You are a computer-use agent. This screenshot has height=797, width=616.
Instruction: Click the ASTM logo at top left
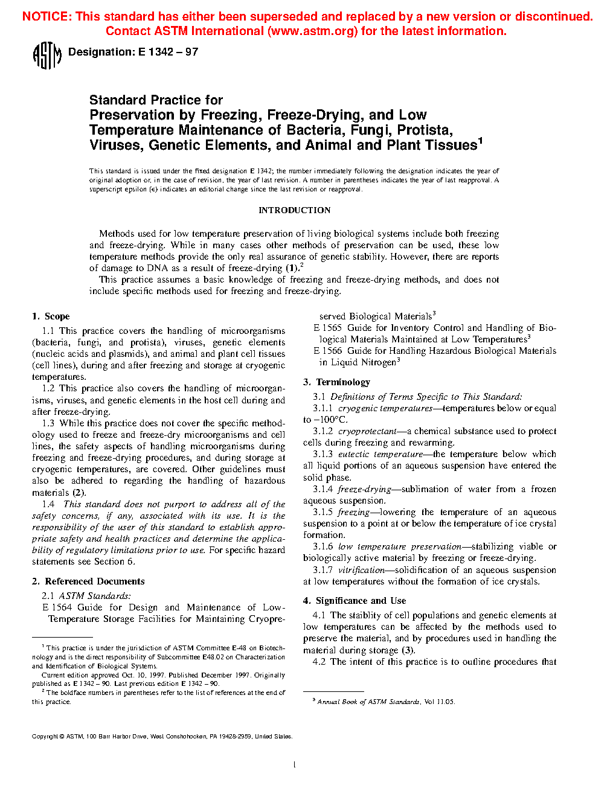point(47,56)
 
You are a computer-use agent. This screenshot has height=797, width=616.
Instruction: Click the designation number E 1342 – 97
point(168,52)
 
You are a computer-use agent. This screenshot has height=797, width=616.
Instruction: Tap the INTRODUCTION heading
point(294,210)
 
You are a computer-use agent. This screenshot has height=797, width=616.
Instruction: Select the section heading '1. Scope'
point(51,316)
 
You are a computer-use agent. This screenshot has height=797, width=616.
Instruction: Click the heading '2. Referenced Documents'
point(88,581)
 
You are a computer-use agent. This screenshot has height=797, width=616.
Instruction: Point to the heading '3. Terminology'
point(336,382)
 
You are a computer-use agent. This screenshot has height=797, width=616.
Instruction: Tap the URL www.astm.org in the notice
point(312,31)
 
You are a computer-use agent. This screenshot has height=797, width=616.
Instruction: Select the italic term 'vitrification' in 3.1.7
point(361,570)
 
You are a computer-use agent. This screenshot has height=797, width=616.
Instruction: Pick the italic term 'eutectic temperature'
point(380,454)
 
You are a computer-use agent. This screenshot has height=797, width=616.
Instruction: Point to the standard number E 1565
point(327,328)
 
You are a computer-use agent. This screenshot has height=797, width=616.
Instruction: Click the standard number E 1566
point(327,351)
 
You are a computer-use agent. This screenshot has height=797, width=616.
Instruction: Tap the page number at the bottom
point(294,765)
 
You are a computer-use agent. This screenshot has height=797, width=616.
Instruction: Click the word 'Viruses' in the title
point(117,146)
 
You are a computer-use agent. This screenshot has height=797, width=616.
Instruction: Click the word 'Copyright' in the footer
point(45,737)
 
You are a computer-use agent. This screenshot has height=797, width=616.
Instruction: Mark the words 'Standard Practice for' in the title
point(156,100)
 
